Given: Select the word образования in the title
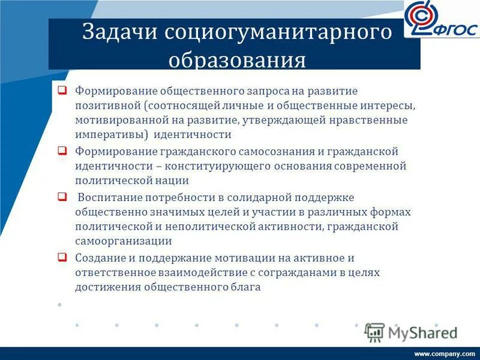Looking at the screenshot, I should click(236, 61).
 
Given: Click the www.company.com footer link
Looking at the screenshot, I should click(445, 353).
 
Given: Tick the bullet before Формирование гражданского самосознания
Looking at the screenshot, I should click(62, 151).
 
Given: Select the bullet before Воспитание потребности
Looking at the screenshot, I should click(62, 196).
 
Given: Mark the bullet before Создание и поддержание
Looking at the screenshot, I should click(62, 257).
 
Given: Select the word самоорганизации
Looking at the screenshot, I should click(124, 241).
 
